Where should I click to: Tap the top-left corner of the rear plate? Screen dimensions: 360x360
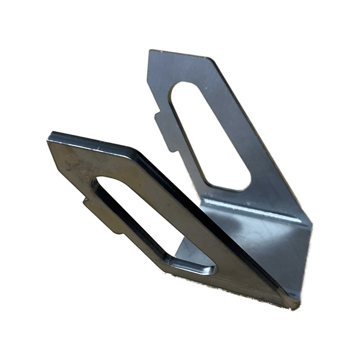coord(151,51)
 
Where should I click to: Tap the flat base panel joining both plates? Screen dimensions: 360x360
coord(265,247)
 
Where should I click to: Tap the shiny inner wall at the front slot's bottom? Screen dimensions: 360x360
coord(189,264)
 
